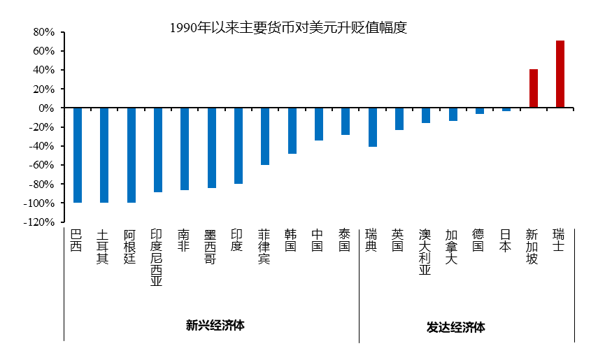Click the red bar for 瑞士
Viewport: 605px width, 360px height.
coord(560,74)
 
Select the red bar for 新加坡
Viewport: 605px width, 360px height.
coord(533,89)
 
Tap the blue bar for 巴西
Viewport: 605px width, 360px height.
coord(77,155)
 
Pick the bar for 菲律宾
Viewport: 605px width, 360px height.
coord(264,136)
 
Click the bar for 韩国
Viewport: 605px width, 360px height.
coord(292,131)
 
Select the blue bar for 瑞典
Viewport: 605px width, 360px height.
coord(372,127)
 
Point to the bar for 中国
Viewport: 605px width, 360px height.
coord(318,124)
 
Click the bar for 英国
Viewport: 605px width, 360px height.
coord(399,119)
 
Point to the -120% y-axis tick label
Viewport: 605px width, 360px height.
coord(40,222)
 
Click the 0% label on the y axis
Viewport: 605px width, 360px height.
coord(46,108)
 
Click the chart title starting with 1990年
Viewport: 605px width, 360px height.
coord(288,28)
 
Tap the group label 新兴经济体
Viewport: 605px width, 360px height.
coord(215,325)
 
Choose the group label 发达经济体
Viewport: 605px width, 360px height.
coord(455,327)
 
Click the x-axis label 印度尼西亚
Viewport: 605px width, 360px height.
coord(157,257)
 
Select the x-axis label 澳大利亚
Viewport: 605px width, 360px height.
coord(425,252)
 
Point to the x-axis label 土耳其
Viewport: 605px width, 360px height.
coord(104,246)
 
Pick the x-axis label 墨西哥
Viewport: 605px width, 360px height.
coord(211,246)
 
